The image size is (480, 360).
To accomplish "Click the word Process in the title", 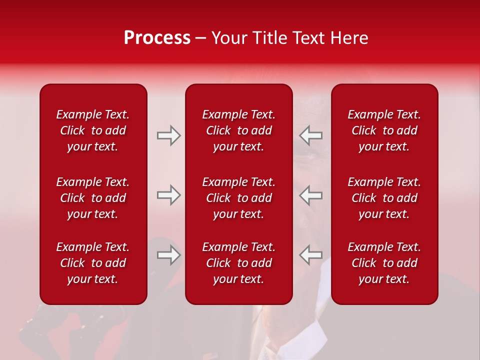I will pos(157,38).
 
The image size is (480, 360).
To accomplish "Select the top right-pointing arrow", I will pos(168,135).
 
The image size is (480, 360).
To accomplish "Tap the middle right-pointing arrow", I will pos(168,195).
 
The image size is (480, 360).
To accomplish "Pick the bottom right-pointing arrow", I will pos(168,255).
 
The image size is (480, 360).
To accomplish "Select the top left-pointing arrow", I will pos(310,135).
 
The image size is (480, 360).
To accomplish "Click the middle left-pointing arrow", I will pos(310,195).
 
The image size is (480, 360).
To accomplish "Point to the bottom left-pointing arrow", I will pos(310,255).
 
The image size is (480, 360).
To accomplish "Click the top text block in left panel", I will pos(93,130).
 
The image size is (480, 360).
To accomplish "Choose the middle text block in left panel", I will pos(93,198).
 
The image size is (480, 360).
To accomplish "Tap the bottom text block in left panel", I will pos(93,263).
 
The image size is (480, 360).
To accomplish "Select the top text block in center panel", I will pos(238,130).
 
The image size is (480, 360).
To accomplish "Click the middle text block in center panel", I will pos(238,198).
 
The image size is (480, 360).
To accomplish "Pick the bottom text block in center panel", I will pos(238,263).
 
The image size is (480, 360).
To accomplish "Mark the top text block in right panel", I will pos(384,130).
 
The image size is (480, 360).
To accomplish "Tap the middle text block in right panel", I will pos(384,198).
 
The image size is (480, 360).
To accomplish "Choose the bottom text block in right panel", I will pos(384,263).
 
